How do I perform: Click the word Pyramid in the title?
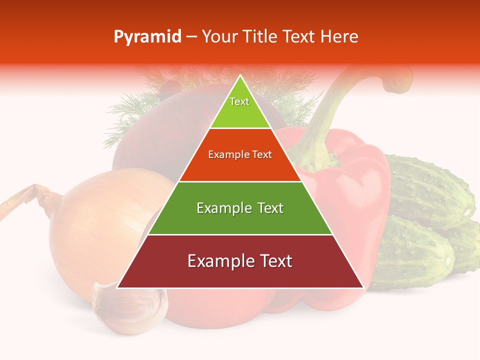click(147, 37)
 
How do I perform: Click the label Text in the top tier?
click(239, 101)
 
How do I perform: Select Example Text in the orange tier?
click(240, 154)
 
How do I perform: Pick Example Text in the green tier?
click(240, 208)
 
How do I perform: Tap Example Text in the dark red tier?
click(240, 261)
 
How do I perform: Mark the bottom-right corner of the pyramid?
click(363, 287)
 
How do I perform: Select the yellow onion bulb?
click(100, 225)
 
